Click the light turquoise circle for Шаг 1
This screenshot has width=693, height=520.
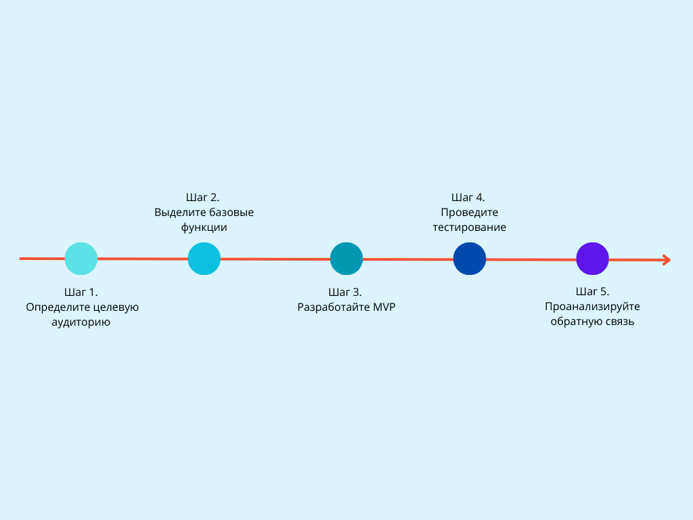tap(81, 259)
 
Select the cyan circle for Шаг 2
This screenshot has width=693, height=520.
tap(204, 259)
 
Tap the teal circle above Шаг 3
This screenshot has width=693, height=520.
tap(346, 259)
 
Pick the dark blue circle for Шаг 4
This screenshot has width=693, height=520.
tap(470, 259)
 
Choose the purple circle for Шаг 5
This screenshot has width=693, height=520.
tap(592, 259)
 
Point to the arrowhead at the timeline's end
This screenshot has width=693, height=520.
tap(666, 259)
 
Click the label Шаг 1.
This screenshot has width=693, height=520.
tap(81, 292)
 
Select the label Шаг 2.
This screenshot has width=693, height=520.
tap(203, 198)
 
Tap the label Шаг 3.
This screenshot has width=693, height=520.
tap(345, 292)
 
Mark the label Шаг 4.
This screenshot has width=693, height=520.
tap(468, 198)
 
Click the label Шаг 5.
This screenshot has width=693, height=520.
tap(593, 292)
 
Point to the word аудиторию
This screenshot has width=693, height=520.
tap(81, 323)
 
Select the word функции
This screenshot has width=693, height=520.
tap(204, 228)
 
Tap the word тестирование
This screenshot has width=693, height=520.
tap(470, 228)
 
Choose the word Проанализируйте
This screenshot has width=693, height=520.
tap(593, 307)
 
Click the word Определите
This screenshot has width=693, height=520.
tap(56, 307)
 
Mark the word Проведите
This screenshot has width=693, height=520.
tap(470, 213)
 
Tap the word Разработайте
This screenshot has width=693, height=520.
tap(329, 307)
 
